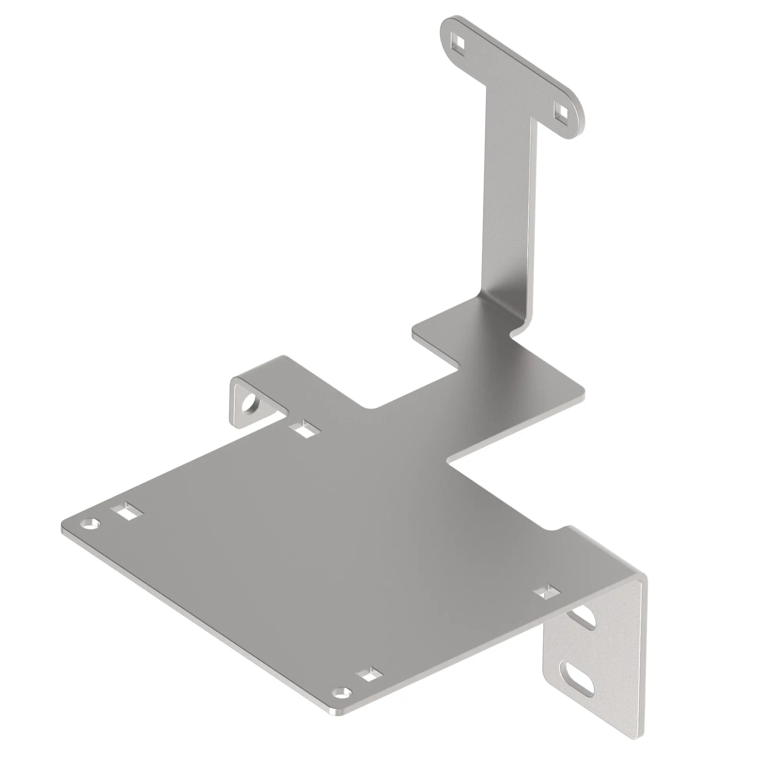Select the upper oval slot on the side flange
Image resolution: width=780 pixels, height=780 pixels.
[x=583, y=624]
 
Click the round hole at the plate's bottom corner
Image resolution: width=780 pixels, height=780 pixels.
[x=342, y=691]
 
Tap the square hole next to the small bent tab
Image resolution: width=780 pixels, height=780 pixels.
[x=305, y=428]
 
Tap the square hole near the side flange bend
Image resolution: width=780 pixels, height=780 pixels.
[x=547, y=593]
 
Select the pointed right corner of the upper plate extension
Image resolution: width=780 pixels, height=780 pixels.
[x=583, y=394]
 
